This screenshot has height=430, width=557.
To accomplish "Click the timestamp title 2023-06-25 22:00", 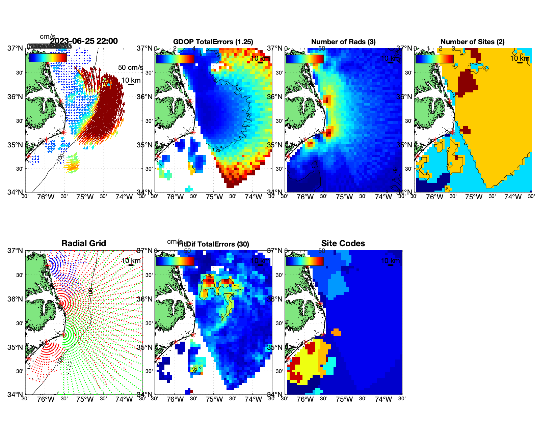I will [84, 41].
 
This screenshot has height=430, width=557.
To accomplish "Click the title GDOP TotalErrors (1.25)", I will [213, 42].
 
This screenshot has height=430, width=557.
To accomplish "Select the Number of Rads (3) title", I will [343, 42].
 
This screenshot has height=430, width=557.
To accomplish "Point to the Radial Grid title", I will [84, 243].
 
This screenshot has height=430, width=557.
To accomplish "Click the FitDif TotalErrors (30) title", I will [213, 244].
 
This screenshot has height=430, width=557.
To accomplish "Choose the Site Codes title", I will [343, 243].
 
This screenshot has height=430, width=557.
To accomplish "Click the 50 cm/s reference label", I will [130, 67].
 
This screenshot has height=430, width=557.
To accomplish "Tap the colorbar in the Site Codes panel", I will [305, 261].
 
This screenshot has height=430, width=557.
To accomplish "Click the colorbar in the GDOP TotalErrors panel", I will [175, 59].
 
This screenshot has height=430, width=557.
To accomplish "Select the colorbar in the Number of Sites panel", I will [434, 59].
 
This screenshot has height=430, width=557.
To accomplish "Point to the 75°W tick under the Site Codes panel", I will [344, 399].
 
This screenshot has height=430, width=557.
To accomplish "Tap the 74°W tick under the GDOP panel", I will [253, 197].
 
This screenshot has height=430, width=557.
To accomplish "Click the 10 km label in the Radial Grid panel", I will [131, 261].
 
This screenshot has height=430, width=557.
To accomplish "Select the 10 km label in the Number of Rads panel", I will [390, 58].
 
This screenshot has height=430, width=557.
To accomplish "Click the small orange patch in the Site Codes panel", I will [336, 333].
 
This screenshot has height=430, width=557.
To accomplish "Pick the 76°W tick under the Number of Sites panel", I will [434, 197].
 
